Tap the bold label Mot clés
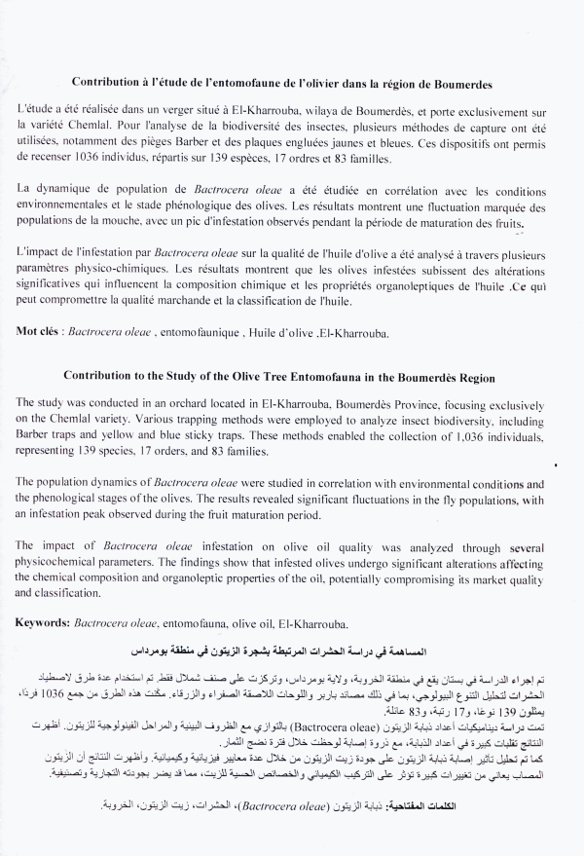point(40,331)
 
